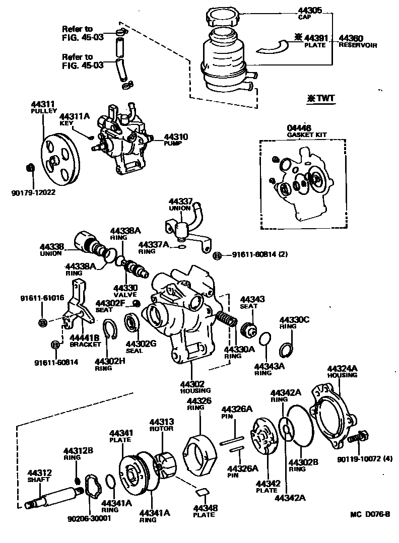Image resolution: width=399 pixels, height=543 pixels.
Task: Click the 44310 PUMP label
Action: coord(174,140)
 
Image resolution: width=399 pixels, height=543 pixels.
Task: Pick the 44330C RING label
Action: coord(295,322)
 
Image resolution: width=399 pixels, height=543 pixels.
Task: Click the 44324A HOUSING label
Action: coord(342,371)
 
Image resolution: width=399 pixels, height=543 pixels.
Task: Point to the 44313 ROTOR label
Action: coord(161,425)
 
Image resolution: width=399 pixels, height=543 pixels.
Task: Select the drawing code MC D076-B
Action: coord(370,515)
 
